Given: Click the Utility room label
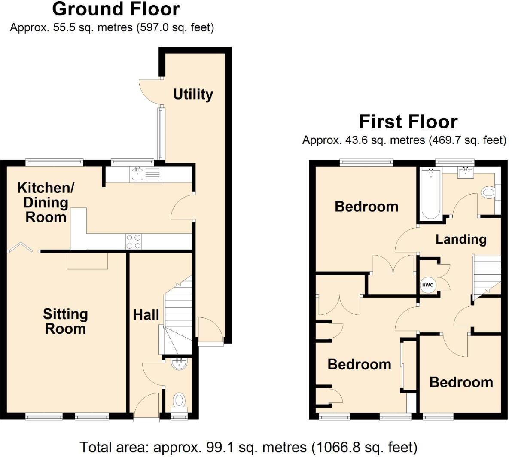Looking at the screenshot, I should point(193,94).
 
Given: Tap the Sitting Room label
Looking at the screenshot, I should point(65,321).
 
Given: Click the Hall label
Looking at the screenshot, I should point(146,315).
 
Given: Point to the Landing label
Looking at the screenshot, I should point(460,239).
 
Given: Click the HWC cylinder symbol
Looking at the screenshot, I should point(428,285).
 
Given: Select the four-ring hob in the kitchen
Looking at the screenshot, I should point(134,241).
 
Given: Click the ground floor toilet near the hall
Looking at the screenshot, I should point(179,401).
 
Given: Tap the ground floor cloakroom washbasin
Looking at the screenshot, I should point(179,364).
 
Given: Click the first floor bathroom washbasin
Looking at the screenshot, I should point(465,173).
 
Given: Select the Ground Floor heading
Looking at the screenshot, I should point(116,9).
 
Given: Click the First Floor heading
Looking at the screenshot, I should point(408,122).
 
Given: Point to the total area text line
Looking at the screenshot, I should point(248,447).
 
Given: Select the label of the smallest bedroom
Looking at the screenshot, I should point(461,382).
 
